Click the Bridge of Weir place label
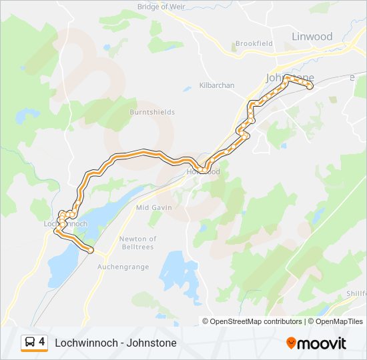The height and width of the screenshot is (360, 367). click(x=160, y=7)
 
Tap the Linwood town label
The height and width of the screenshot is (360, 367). click(x=312, y=36)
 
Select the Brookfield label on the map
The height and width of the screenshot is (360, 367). click(x=254, y=43)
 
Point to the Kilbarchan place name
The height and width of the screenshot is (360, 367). click(x=217, y=85)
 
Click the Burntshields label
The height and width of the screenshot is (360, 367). click(x=152, y=112)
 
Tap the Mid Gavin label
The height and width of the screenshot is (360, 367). click(x=154, y=207)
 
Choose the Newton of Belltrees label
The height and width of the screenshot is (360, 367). click(x=137, y=243)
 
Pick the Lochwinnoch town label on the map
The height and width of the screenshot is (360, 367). click(x=65, y=224)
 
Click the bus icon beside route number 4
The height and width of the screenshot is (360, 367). click(x=30, y=342)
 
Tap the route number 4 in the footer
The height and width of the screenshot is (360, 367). click(x=42, y=342)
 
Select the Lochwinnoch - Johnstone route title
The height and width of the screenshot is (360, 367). click(x=115, y=343)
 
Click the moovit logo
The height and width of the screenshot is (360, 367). click(x=316, y=343)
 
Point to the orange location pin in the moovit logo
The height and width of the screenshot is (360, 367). click(x=291, y=343)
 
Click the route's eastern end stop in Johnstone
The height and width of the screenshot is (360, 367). click(x=310, y=85)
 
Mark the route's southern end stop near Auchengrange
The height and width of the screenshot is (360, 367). click(x=90, y=250)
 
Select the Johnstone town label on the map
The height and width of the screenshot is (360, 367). click(x=290, y=77)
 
